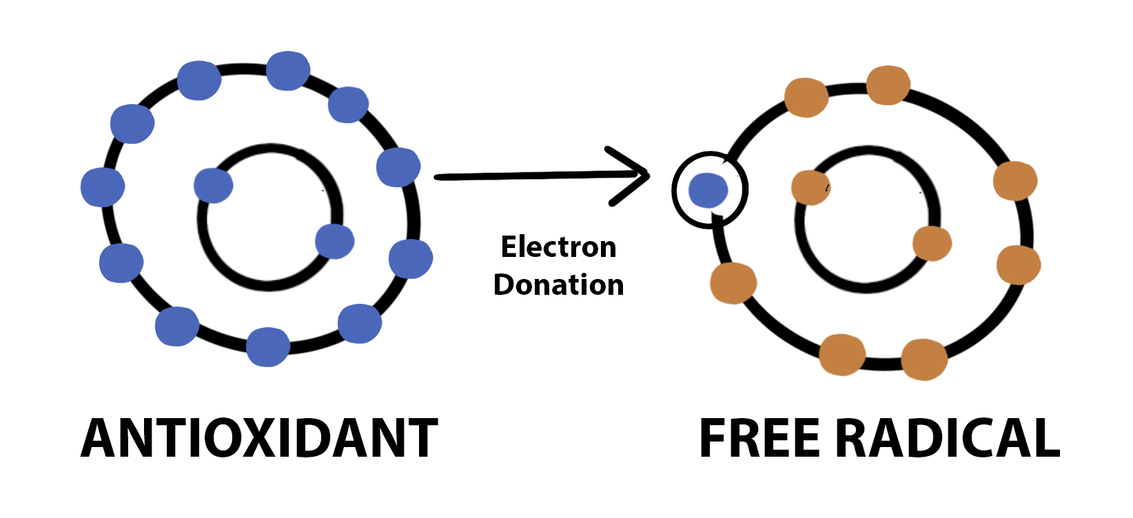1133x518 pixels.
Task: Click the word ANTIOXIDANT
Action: tap(259, 438)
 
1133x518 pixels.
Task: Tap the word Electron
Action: tap(558, 247)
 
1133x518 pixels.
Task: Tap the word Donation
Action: tap(558, 284)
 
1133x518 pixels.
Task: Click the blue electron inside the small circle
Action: tap(708, 190)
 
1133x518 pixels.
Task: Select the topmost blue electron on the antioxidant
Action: tap(287, 70)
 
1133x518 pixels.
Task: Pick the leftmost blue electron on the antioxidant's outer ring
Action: tap(103, 187)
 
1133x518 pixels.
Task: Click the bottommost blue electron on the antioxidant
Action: tap(267, 346)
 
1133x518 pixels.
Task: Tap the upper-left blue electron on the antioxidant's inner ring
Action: tap(214, 185)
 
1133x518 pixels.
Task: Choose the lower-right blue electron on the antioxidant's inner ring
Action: tap(335, 241)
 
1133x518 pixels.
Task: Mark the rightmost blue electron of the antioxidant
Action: tap(411, 259)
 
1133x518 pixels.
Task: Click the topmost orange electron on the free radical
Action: tap(888, 85)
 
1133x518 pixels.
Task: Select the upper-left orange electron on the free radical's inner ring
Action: tap(810, 187)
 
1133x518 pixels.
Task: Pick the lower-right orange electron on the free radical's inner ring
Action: tap(932, 243)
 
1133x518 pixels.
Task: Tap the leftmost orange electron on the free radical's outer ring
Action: tap(733, 283)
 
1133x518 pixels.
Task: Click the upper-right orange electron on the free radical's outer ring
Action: tap(1015, 180)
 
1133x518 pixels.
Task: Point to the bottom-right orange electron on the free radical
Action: tap(923, 359)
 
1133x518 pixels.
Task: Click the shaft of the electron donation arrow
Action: tap(524, 176)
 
